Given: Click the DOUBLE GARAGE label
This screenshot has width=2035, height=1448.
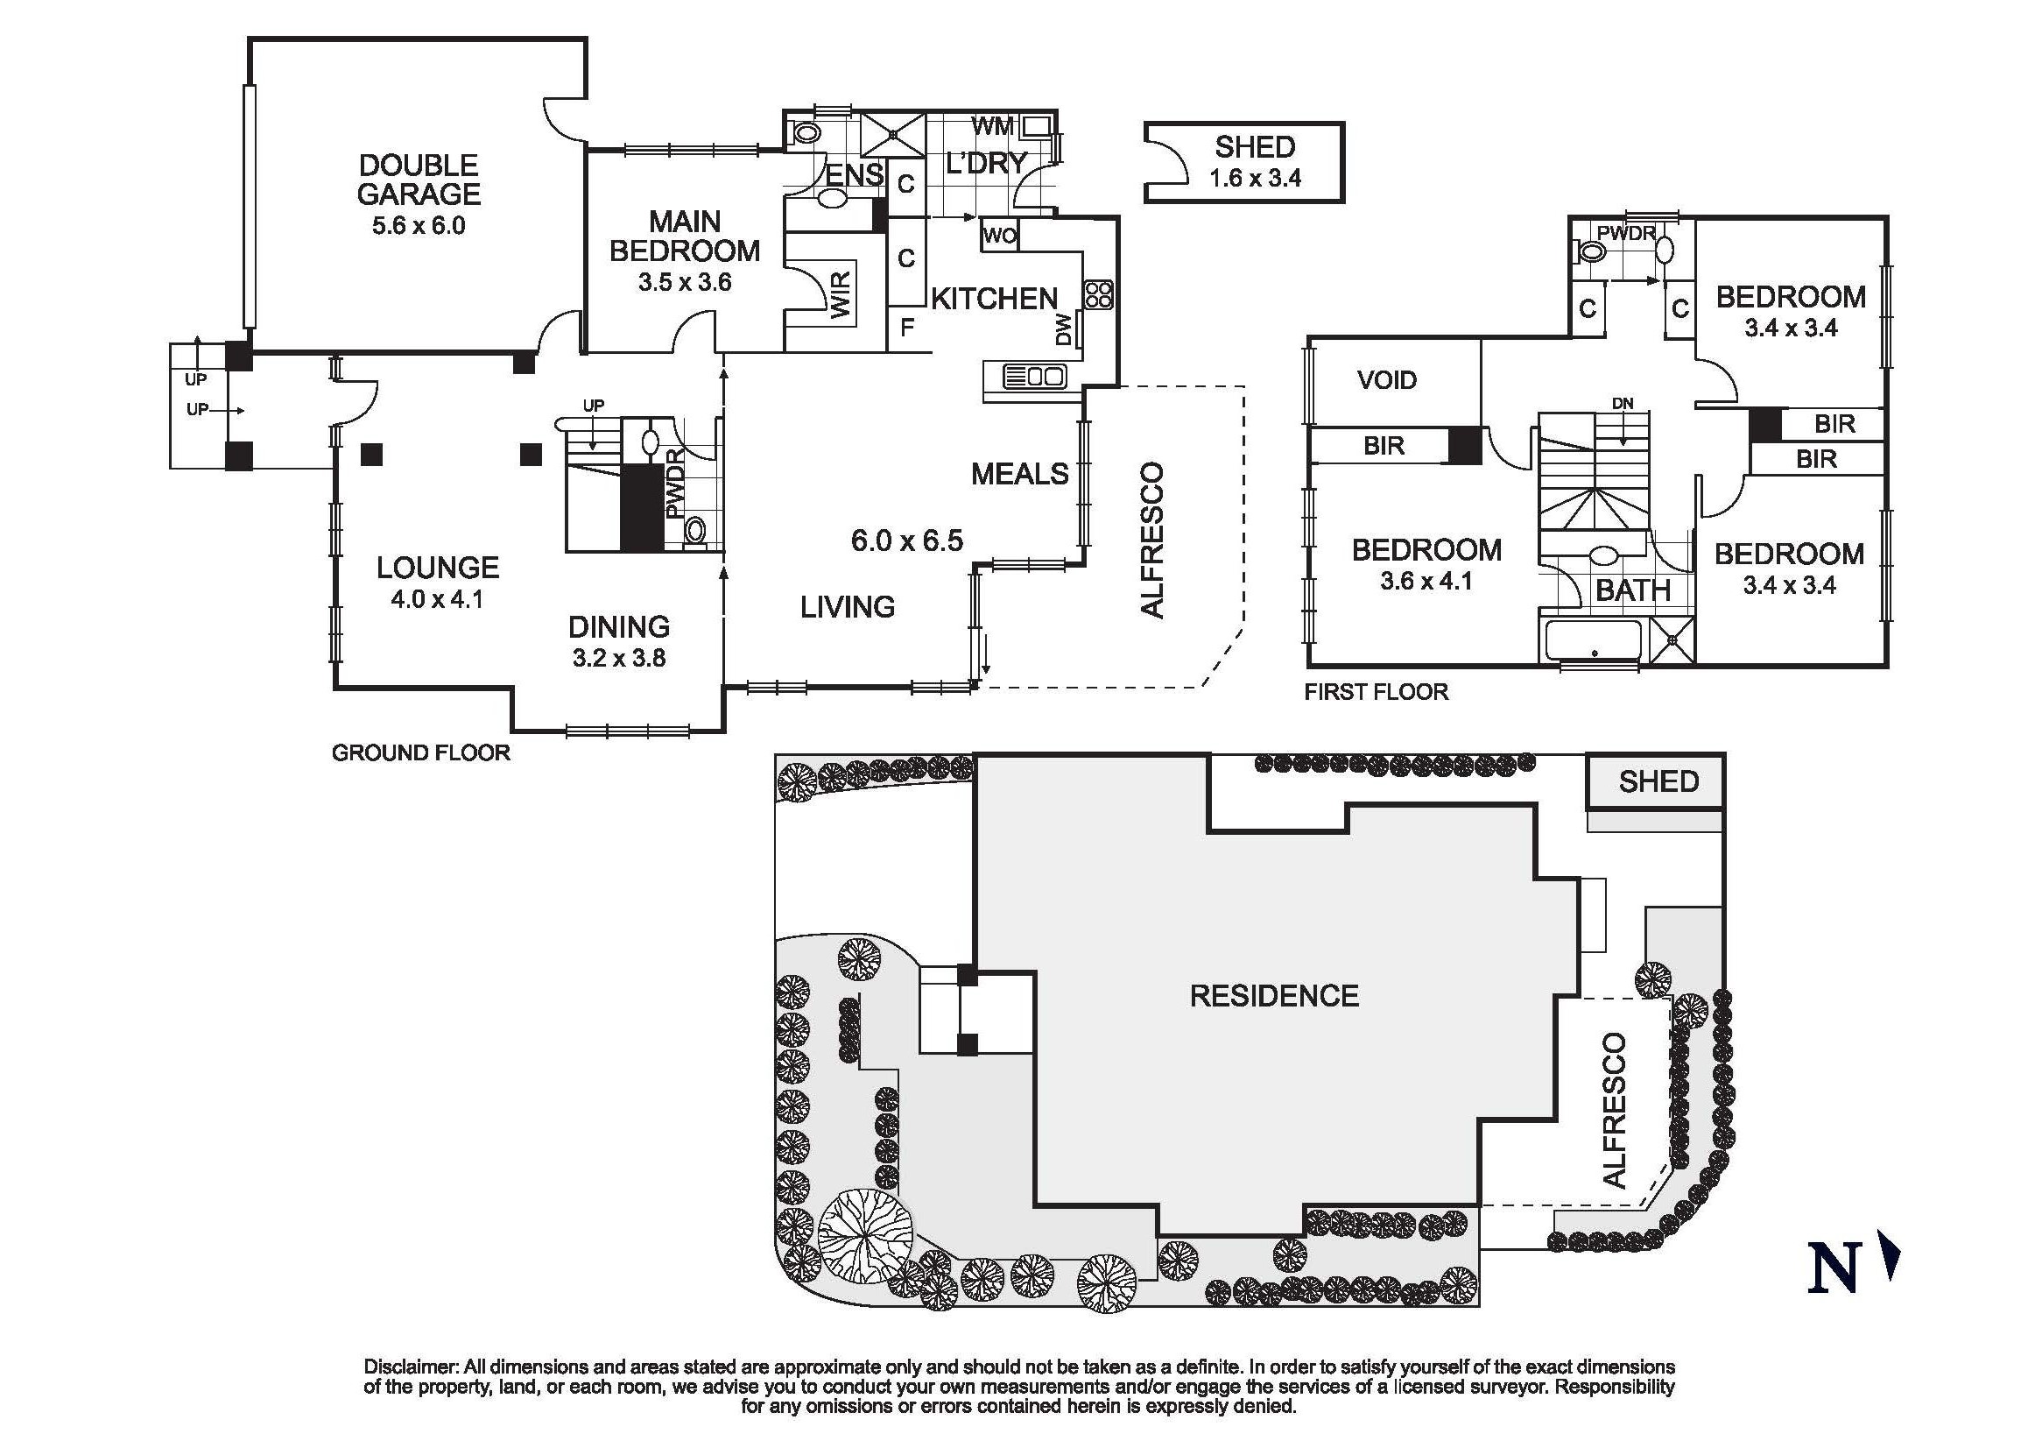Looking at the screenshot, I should tap(418, 180).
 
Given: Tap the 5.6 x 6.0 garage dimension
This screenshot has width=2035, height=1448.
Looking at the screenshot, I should tap(418, 226).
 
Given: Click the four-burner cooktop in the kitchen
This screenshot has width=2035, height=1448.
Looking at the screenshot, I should tap(1097, 295).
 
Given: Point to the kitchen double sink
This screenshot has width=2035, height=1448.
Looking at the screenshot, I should tap(1034, 378).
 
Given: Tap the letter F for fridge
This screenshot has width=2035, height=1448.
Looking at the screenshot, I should tap(906, 328).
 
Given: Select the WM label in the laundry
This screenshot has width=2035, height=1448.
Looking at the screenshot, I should tap(992, 127).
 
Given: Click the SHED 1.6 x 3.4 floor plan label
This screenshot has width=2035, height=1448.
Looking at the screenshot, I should tap(1254, 161).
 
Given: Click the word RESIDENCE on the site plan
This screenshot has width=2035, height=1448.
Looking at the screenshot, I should tap(1274, 996).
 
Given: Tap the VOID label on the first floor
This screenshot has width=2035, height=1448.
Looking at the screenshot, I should tap(1386, 381).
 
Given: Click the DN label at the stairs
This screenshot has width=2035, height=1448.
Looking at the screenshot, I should tap(1623, 404).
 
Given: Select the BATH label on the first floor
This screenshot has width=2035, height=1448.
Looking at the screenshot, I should tap(1632, 590).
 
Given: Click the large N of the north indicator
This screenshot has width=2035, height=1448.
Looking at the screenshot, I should tap(1832, 1268).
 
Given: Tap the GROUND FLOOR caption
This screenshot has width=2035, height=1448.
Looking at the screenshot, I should tap(420, 753).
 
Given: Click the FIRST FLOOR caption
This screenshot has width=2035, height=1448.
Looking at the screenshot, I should tap(1376, 692).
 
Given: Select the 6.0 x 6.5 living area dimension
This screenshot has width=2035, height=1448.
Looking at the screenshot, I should tap(906, 540).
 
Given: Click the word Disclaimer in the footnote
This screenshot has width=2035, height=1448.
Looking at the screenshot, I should tap(411, 1367).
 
